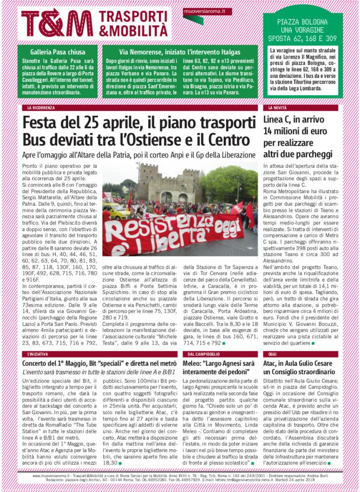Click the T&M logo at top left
click(x=57, y=23)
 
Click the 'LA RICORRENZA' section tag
click(x=41, y=108)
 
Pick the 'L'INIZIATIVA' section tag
click(x=38, y=354)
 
